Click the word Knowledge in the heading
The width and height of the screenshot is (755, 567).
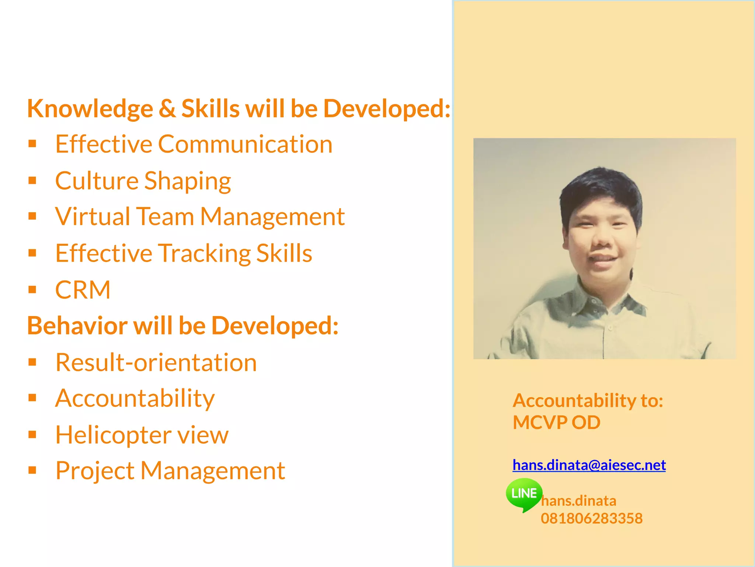[x=90, y=109]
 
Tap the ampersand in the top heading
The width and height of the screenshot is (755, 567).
[x=167, y=109]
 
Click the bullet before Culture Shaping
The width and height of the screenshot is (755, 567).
[x=32, y=181]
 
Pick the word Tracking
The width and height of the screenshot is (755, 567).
[x=203, y=254]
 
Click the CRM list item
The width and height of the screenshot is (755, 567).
[x=83, y=290]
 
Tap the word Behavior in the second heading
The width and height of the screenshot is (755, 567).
[x=77, y=326]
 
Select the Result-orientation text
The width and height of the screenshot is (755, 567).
[x=156, y=362]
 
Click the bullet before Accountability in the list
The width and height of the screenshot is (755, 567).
[x=32, y=398]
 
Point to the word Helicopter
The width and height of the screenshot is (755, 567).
[x=113, y=435]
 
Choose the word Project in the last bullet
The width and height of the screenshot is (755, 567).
[x=95, y=471]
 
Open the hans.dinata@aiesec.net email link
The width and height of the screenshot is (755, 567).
[x=589, y=465]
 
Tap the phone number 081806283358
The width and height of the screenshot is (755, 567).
[x=591, y=518]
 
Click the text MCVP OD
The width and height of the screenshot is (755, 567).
[x=556, y=422]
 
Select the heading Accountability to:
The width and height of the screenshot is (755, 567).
[x=588, y=401]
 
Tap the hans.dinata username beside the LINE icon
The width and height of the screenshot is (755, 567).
[x=579, y=501]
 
